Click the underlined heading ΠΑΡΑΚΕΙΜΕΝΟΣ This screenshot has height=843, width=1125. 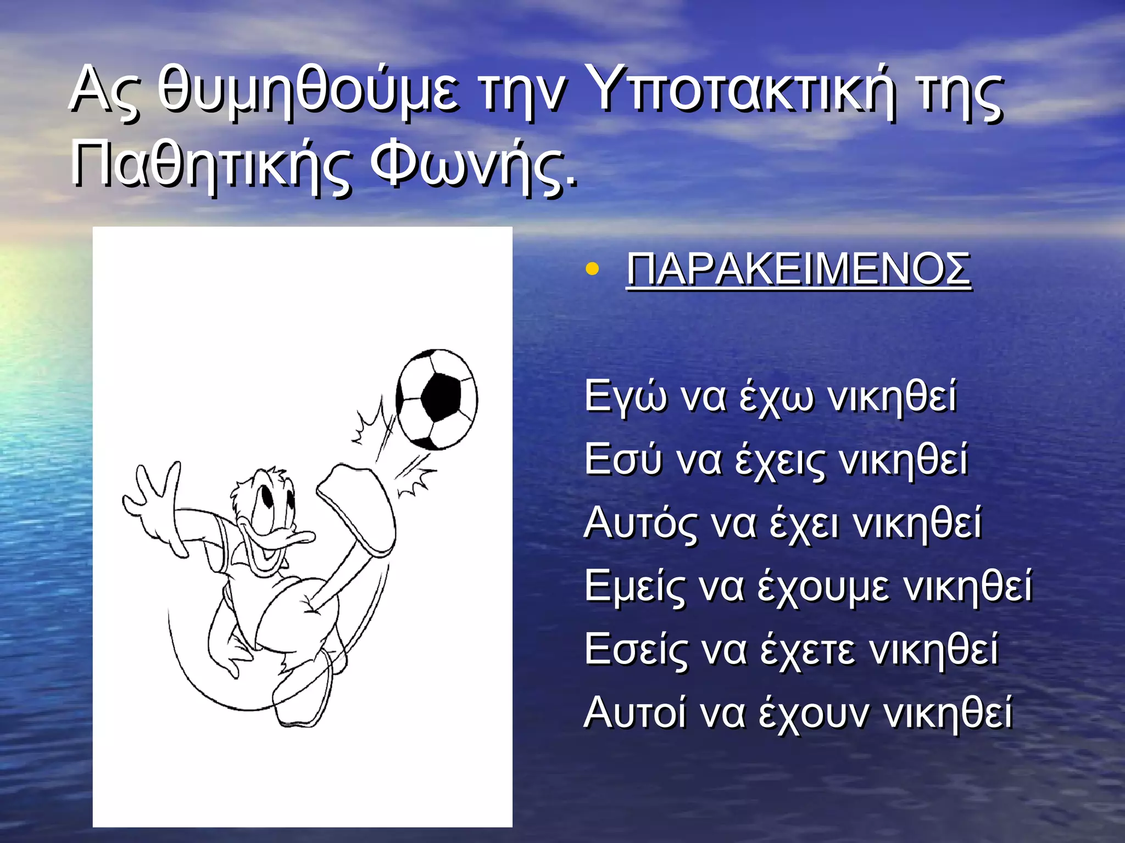(x=799, y=269)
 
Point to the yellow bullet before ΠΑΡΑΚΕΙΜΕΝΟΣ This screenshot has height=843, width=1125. (x=592, y=269)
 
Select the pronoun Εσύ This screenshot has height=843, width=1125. (x=623, y=459)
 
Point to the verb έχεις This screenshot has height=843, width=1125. (x=780, y=459)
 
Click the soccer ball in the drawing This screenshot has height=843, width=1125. (x=437, y=399)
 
